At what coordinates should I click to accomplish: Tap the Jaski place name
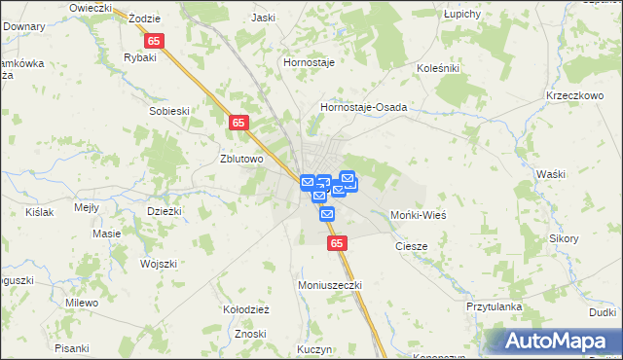(263, 18)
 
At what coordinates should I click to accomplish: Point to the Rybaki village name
(140, 57)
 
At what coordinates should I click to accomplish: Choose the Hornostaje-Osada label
(363, 107)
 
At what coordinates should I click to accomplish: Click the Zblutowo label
(242, 160)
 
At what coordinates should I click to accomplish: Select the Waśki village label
(550, 173)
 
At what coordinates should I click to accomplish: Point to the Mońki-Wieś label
(418, 214)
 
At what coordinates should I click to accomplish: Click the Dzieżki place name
(164, 210)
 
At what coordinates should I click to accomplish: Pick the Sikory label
(564, 237)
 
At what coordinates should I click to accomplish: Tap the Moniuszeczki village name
(329, 285)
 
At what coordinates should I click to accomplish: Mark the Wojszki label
(158, 264)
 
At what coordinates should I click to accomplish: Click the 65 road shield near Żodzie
(155, 42)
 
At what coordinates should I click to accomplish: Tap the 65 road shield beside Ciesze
(336, 243)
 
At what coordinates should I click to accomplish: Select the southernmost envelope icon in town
(327, 213)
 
